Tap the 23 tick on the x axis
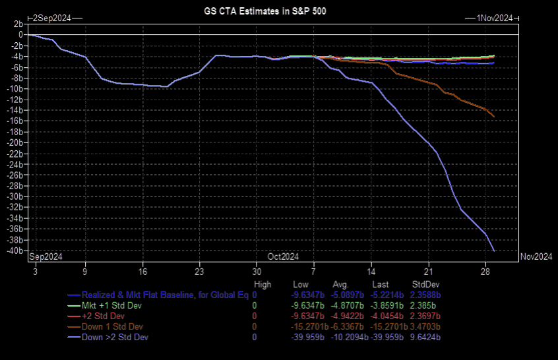(x=199, y=271)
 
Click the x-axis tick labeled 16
(x=142, y=271)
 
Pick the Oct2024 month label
(x=283, y=256)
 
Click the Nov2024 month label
(x=536, y=256)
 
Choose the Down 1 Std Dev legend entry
(x=113, y=326)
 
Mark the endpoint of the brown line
(x=494, y=117)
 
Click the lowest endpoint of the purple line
(x=494, y=251)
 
